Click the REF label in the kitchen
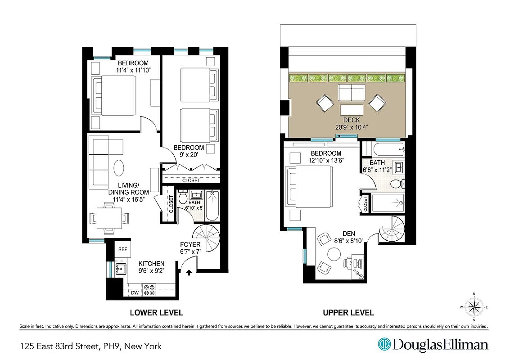(x=122, y=249)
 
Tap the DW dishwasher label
(x=135, y=292)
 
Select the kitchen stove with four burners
(x=149, y=290)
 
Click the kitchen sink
(x=121, y=270)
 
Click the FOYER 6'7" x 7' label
(x=190, y=248)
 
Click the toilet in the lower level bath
(x=183, y=198)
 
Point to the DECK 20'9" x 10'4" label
(x=352, y=124)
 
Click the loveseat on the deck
(x=352, y=92)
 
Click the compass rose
(x=474, y=307)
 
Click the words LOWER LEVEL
(x=156, y=313)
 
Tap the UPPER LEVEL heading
(x=348, y=313)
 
